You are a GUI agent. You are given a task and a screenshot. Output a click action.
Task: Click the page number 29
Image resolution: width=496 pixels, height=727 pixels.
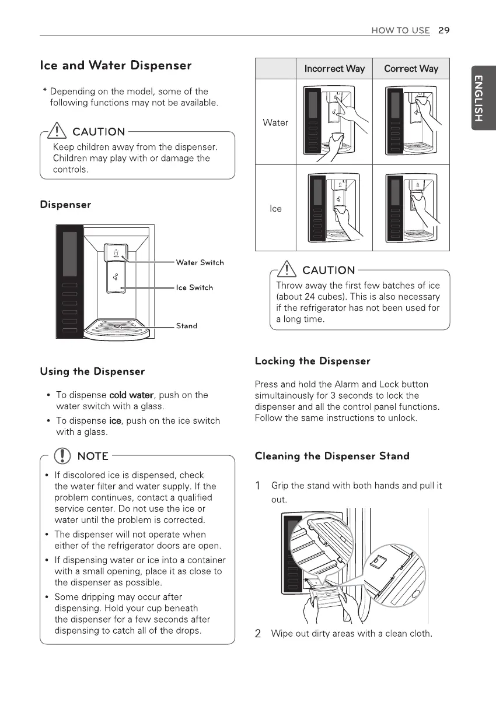tap(443, 30)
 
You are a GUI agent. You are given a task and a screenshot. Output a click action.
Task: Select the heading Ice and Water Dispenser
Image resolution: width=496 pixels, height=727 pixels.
tap(116, 65)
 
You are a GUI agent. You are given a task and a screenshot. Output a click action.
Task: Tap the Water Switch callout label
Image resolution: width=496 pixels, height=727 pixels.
tap(200, 262)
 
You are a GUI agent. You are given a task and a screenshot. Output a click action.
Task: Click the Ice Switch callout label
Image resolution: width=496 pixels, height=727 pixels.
tap(194, 287)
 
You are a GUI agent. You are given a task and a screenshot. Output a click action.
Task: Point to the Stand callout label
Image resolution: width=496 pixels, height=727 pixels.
tap(187, 326)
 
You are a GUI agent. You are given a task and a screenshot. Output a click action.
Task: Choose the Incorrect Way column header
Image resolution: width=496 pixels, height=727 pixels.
tap(334, 69)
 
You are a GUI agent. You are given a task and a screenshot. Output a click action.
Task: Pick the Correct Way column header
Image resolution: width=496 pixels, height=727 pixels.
tap(411, 69)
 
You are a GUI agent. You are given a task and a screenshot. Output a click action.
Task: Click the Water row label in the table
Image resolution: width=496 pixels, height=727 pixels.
tap(275, 122)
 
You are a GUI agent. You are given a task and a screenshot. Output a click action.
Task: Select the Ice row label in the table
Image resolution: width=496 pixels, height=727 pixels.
tap(275, 208)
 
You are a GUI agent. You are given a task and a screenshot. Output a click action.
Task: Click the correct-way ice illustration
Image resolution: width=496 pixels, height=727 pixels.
tap(411, 208)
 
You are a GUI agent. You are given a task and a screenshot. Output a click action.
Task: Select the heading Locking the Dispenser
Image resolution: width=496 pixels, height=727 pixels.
tap(313, 361)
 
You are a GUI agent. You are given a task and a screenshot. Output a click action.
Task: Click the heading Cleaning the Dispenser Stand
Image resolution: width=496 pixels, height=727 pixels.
tap(332, 456)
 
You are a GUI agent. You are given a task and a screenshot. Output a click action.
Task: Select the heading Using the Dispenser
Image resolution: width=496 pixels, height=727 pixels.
tap(92, 371)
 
